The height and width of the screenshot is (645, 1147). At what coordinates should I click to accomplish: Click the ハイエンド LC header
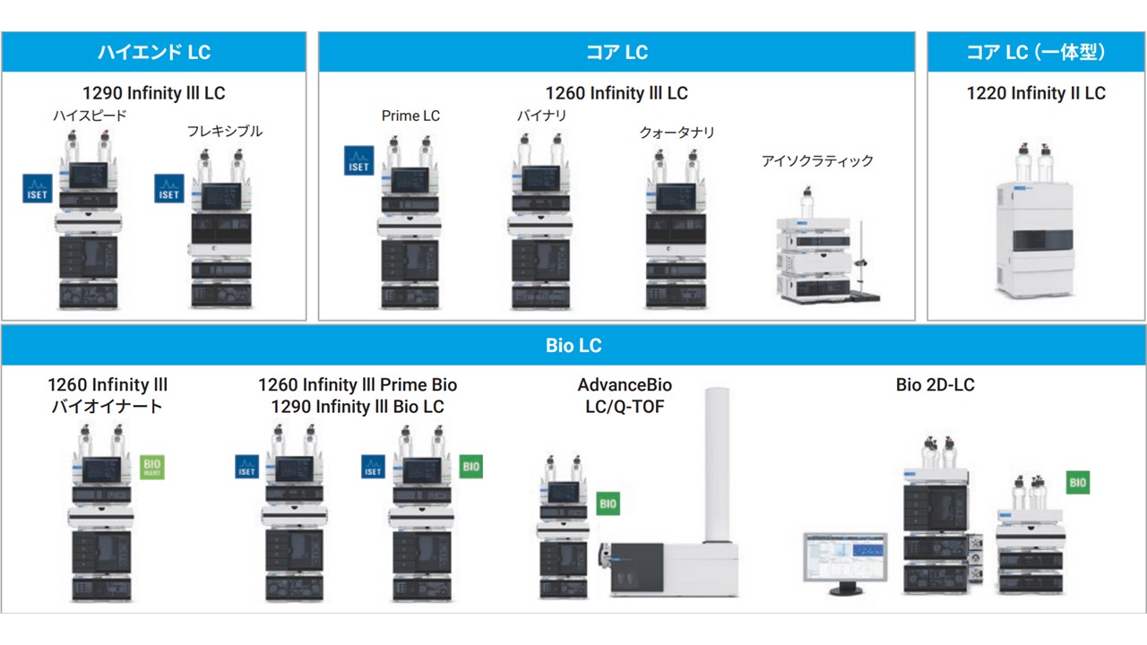(x=153, y=52)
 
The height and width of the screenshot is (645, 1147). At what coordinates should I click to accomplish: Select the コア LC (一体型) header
(x=1036, y=52)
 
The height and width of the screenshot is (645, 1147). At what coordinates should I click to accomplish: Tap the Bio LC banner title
(x=573, y=346)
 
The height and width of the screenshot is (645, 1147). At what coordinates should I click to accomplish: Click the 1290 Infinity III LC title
(x=153, y=93)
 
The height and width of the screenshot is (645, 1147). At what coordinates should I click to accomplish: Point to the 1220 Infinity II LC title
(x=1036, y=93)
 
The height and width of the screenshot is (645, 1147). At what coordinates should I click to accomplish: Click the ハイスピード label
(x=90, y=116)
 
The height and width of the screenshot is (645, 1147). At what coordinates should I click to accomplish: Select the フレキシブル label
(x=224, y=131)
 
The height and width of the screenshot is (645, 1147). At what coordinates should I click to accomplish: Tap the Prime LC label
(x=410, y=116)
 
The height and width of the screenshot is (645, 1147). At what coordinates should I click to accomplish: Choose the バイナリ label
(x=541, y=116)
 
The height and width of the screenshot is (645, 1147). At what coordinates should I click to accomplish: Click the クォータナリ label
(x=677, y=133)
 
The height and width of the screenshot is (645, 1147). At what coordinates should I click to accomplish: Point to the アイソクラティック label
(x=816, y=161)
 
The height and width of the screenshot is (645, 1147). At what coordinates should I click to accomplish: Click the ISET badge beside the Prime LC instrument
(x=358, y=160)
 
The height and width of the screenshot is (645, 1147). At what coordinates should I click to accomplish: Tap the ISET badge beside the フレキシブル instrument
(x=169, y=188)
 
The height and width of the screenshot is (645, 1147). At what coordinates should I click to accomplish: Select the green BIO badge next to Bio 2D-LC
(x=1078, y=483)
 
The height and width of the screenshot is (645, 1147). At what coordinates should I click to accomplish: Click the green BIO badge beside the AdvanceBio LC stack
(x=608, y=503)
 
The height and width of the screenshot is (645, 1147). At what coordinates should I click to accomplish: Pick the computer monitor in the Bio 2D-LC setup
(x=844, y=560)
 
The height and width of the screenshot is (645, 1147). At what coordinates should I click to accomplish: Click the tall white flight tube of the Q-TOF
(x=720, y=466)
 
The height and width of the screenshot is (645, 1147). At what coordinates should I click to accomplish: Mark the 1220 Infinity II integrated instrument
(x=1035, y=237)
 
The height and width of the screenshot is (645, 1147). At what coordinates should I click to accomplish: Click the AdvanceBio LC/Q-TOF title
(x=625, y=396)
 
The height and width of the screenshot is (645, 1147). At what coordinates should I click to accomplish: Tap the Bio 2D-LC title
(x=935, y=385)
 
